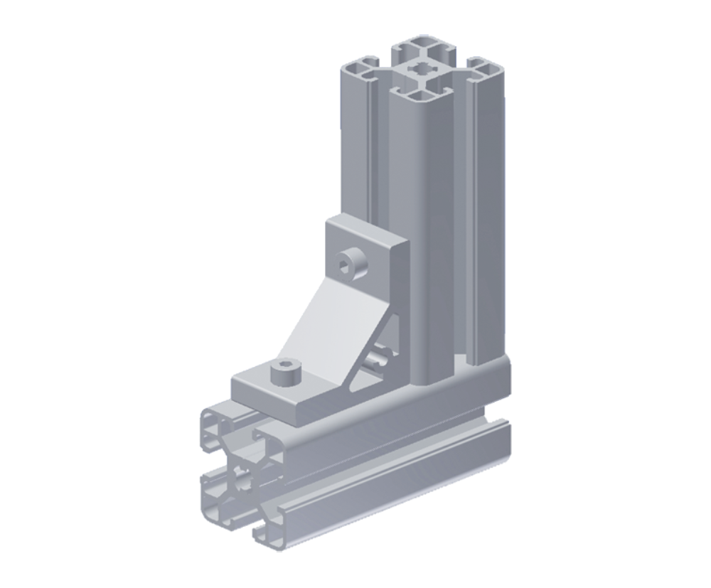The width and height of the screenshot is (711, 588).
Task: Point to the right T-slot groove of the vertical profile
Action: pyautogui.click(x=470, y=213)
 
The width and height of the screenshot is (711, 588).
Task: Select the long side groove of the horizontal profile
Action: pyautogui.click(x=398, y=455)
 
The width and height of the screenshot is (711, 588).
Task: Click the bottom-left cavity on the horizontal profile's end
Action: pyautogui.click(x=215, y=505)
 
